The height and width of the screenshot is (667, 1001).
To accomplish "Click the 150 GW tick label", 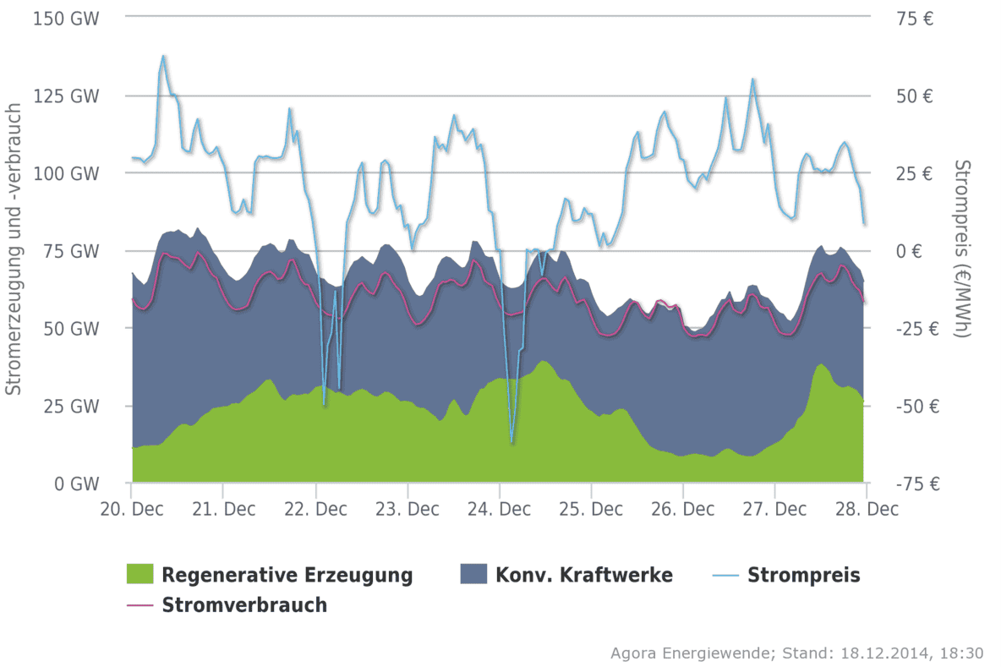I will [x=65, y=18].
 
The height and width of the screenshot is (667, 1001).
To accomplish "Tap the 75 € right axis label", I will [x=914, y=18].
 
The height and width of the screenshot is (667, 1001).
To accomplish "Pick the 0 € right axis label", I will [x=918, y=251].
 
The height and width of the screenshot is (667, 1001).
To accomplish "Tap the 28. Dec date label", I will [x=867, y=509].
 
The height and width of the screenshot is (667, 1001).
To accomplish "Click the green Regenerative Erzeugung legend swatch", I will [x=139, y=575].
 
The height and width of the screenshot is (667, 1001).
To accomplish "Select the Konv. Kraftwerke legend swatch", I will [x=473, y=575].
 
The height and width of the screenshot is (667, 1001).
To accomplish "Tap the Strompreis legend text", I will [x=803, y=576].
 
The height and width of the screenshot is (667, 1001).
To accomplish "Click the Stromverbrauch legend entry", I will [x=243, y=605].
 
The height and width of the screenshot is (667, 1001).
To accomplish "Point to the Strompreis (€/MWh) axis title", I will [x=961, y=249].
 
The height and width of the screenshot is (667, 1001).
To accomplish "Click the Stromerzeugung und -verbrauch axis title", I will [x=13, y=249].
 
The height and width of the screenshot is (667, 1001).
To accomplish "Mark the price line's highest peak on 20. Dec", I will [x=163, y=56].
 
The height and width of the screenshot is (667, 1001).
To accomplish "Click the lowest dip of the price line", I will [x=511, y=441].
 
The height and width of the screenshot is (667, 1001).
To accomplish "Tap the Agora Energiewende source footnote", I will [x=796, y=653].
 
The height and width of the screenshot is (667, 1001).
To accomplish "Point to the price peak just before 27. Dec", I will [x=752, y=79].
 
